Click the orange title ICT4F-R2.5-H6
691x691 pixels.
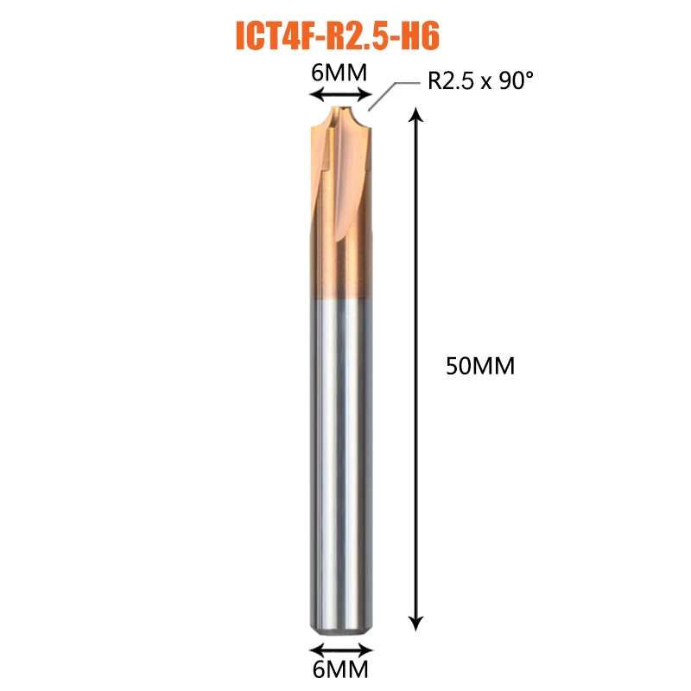tap(338, 35)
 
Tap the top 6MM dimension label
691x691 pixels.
tap(339, 73)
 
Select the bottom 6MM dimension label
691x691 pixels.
tap(340, 669)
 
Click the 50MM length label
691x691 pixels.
tap(480, 366)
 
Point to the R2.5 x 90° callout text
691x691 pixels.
tap(480, 80)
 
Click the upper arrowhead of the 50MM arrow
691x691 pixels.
tap(415, 114)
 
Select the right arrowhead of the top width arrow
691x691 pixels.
tap(365, 94)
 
